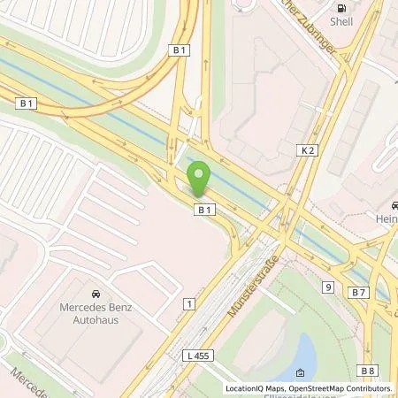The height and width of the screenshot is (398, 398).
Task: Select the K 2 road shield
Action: pos(308,151)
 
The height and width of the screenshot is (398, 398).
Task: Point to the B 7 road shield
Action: pos(358,290)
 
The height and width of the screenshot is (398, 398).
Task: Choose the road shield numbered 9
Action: pos(327,287)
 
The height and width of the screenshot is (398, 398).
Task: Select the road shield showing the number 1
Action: pos(188,303)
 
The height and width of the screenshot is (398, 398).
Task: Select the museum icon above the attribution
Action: pos(301,373)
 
